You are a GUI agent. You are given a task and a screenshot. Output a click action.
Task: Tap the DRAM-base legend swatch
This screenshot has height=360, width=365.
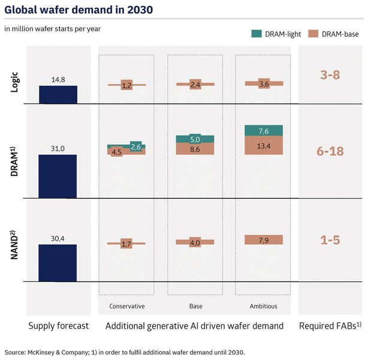313,34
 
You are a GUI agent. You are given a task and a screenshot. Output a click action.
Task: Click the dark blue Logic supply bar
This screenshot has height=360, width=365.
58,94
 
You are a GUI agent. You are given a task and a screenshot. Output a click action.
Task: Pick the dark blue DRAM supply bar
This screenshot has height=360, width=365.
58,176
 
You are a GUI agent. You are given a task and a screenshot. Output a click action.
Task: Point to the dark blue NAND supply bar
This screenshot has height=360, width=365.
58,262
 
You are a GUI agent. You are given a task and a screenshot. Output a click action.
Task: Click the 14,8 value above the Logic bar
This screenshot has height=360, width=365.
58,79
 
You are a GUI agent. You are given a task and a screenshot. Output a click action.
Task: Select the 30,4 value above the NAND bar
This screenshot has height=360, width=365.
58,238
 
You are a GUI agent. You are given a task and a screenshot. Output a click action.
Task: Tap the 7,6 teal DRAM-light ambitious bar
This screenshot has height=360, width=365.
263,131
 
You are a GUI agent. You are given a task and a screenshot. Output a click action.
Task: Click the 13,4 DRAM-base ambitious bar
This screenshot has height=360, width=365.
263,146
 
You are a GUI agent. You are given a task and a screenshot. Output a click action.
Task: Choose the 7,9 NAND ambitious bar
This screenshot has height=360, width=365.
263,240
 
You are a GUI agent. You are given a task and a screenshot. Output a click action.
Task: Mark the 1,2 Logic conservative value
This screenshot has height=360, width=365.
126,85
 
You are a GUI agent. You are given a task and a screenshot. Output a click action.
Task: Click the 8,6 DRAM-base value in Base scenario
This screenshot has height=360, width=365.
195,149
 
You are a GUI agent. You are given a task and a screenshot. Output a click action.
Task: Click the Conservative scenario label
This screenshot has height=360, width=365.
126,306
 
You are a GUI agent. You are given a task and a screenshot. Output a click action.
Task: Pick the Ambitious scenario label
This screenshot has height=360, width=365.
263,306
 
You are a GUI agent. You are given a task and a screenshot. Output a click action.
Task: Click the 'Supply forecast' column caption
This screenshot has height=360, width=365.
58,326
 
